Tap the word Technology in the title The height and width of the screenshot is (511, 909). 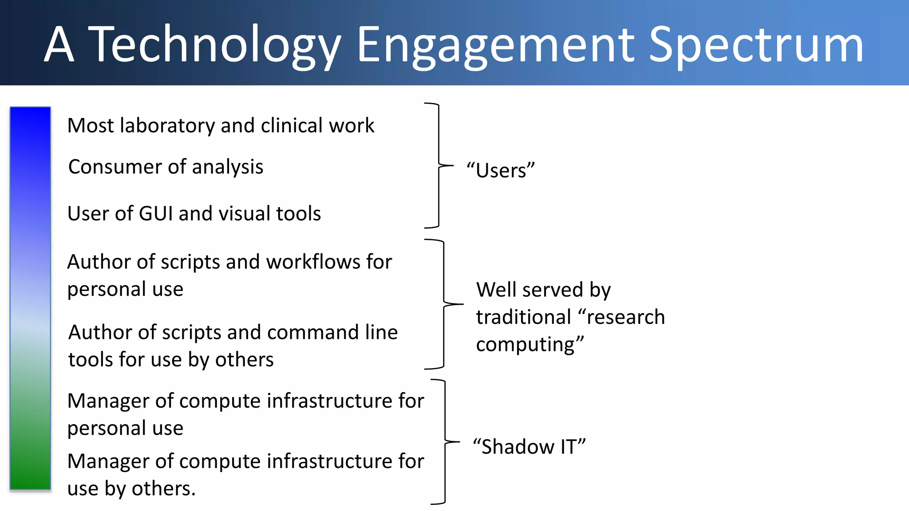click(215, 44)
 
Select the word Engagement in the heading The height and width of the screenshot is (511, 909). click(495, 44)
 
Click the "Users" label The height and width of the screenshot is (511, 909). click(501, 170)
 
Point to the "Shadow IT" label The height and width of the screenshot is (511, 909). click(529, 446)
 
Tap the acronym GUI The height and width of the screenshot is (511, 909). click(155, 213)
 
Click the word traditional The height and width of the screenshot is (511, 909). click(523, 317)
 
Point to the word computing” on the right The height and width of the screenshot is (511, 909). click(530, 344)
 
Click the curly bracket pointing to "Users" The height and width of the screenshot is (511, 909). click(439, 165)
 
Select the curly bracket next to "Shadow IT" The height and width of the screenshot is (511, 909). click(445, 442)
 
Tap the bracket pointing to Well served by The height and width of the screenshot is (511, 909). click(444, 304)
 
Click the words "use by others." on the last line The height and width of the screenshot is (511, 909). click(131, 488)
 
